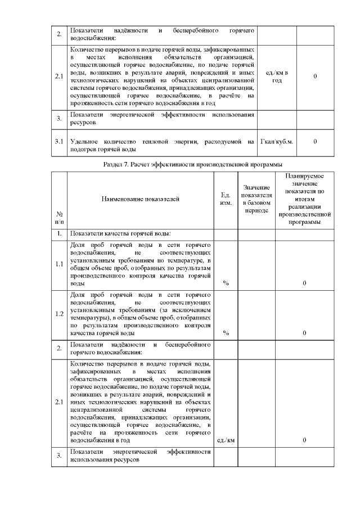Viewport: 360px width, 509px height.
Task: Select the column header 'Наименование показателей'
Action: pyautogui.click(x=140, y=199)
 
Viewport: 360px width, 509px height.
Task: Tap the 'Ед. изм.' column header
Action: pyautogui.click(x=226, y=199)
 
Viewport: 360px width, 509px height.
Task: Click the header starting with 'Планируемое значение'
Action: pyautogui.click(x=304, y=199)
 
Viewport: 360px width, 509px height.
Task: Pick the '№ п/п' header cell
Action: pyautogui.click(x=59, y=218)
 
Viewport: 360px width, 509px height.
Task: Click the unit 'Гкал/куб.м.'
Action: pyautogui.click(x=277, y=141)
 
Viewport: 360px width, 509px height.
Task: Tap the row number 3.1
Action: pyautogui.click(x=59, y=141)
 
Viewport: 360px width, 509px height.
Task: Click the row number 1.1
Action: pyautogui.click(x=59, y=264)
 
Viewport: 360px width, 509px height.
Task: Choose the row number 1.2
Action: pyautogui.click(x=59, y=313)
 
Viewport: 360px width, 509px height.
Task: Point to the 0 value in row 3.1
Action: pyautogui.click(x=315, y=141)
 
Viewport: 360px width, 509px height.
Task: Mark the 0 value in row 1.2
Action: pyautogui.click(x=304, y=332)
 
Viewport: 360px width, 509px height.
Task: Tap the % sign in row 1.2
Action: pyautogui.click(x=226, y=332)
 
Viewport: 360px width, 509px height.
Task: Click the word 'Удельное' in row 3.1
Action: pyautogui.click(x=85, y=141)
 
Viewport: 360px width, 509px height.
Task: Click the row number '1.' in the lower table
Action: pyautogui.click(x=59, y=233)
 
